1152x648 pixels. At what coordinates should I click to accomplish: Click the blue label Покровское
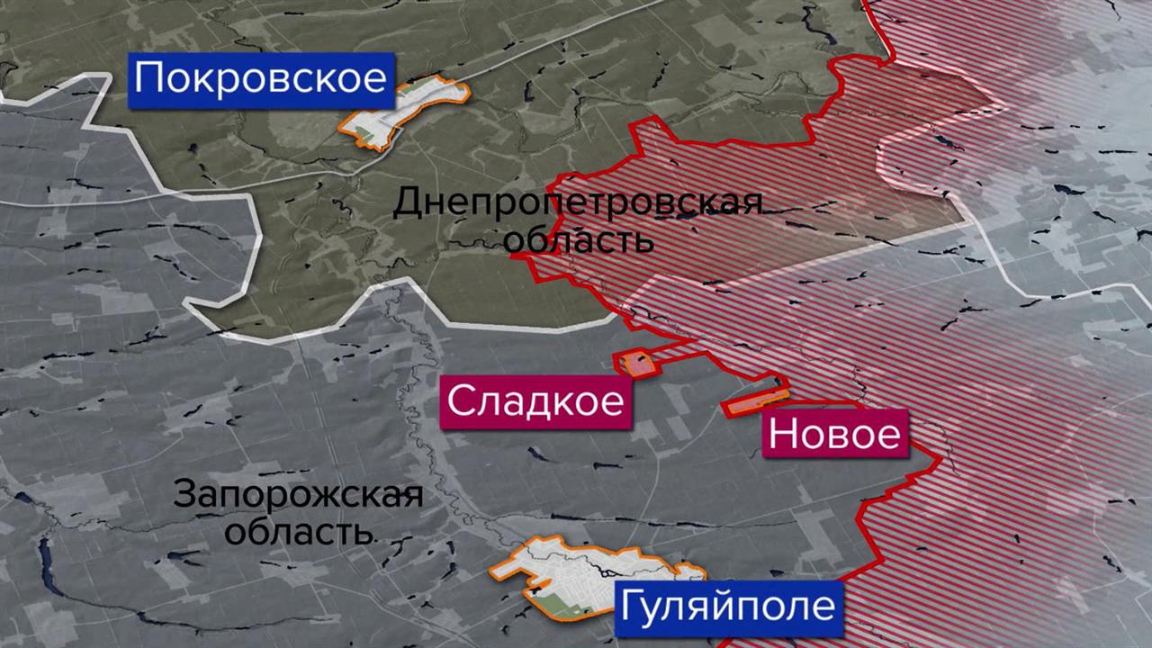click(262, 79)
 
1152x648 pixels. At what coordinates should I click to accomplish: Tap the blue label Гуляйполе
click(726, 606)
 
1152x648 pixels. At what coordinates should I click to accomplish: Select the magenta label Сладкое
click(535, 402)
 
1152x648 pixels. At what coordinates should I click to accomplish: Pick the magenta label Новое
click(834, 435)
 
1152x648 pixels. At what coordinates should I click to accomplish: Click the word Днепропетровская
click(577, 203)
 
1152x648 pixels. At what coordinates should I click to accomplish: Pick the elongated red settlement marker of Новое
click(756, 402)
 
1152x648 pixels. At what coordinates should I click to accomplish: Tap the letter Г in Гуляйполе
click(633, 606)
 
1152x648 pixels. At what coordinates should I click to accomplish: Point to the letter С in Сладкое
click(462, 402)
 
